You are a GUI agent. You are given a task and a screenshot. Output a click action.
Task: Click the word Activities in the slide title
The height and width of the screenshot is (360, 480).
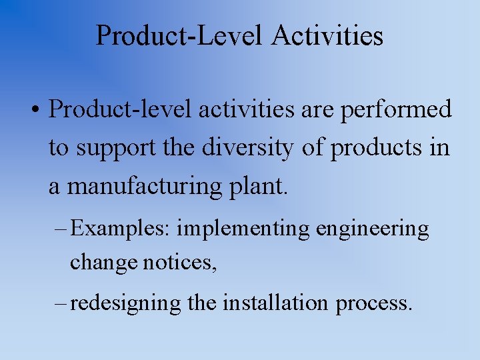327,36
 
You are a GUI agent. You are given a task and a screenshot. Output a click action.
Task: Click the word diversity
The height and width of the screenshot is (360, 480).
249,147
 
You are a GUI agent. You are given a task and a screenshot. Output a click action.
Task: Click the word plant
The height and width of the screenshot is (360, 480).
261,187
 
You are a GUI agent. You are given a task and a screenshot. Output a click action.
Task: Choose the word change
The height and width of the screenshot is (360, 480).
103,262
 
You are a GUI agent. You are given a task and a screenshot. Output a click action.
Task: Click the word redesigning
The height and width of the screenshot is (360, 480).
125,304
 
